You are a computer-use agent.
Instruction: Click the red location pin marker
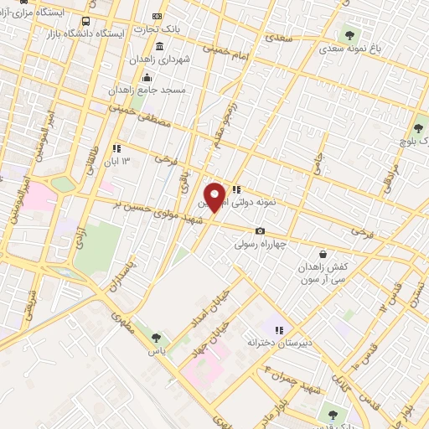[215, 196]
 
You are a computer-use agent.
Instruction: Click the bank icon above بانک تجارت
[157, 16]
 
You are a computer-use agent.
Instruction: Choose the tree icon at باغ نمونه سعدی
[349, 36]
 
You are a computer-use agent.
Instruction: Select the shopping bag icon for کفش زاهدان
[323, 253]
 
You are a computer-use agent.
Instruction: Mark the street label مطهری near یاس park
[122, 321]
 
